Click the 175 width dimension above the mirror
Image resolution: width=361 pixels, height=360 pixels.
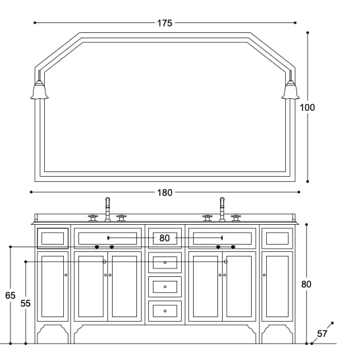coord(164,23)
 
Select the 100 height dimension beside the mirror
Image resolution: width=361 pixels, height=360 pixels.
coord(307,107)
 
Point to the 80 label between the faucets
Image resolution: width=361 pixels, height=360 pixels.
coord(164,237)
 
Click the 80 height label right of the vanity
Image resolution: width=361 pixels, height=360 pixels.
coord(306,284)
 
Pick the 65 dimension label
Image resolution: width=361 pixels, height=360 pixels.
coord(10,295)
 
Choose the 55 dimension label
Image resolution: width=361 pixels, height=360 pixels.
coord(26,303)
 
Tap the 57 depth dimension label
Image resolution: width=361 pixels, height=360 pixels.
coord(322,334)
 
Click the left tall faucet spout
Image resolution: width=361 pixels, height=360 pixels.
coord(107,208)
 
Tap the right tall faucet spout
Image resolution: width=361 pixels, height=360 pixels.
coord(222,208)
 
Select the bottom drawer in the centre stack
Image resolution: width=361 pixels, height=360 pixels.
coord(165,310)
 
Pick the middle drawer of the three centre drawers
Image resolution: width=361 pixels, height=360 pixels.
coord(165,286)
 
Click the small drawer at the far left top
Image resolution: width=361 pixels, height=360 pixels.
coord(53,237)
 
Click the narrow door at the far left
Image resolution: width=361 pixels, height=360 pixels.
coord(53,286)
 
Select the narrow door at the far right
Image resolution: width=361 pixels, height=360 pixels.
coord(277,286)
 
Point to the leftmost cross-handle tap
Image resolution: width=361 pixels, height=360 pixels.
coord(93,216)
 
